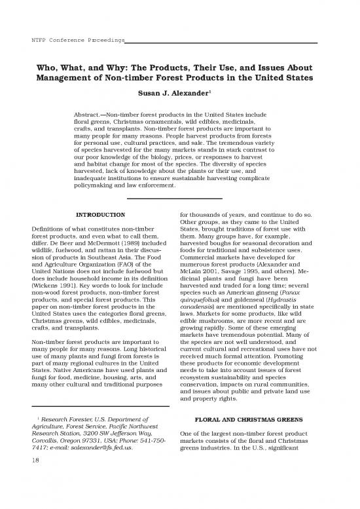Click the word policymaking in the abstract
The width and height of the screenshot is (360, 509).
96,185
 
